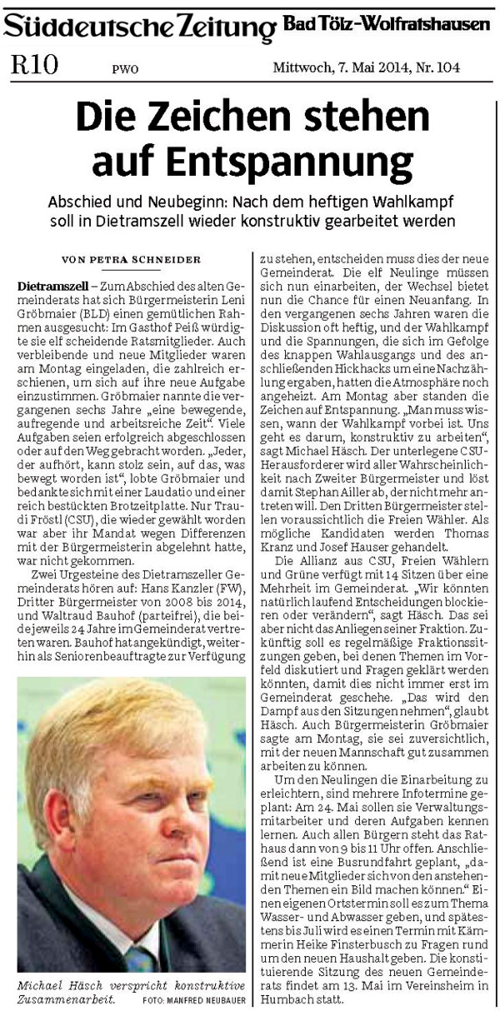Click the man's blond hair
click(125, 733)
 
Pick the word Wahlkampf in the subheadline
click(413, 204)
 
